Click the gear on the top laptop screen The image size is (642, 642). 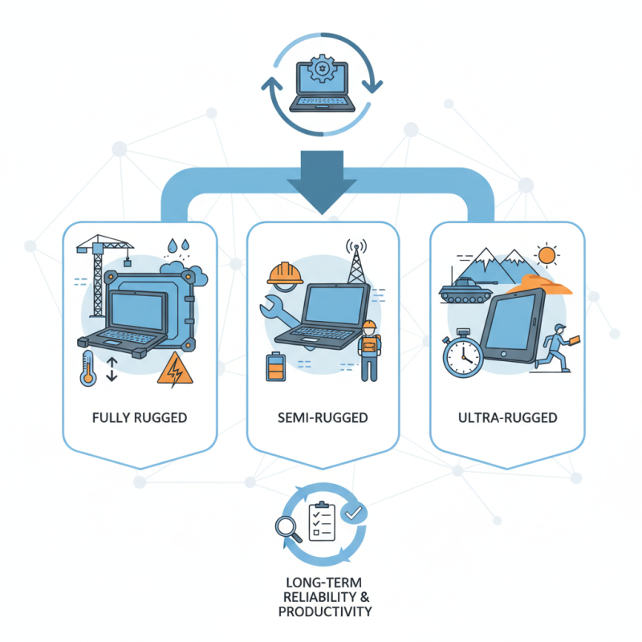(323, 68)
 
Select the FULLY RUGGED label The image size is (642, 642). (140, 417)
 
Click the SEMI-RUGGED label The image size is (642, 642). (323, 417)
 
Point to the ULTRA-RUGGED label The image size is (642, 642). (508, 417)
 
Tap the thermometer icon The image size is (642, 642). (88, 368)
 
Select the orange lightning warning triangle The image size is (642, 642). (175, 369)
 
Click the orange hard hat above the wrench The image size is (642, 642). (285, 274)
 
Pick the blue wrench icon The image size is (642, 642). (279, 312)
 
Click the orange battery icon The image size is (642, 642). (275, 367)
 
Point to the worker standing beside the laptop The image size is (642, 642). (370, 351)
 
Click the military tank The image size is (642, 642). (466, 289)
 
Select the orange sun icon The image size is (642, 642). (547, 255)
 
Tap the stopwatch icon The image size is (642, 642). (463, 353)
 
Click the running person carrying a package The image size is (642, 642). (558, 348)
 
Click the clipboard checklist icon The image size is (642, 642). (322, 521)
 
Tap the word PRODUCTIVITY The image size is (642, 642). (325, 612)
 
